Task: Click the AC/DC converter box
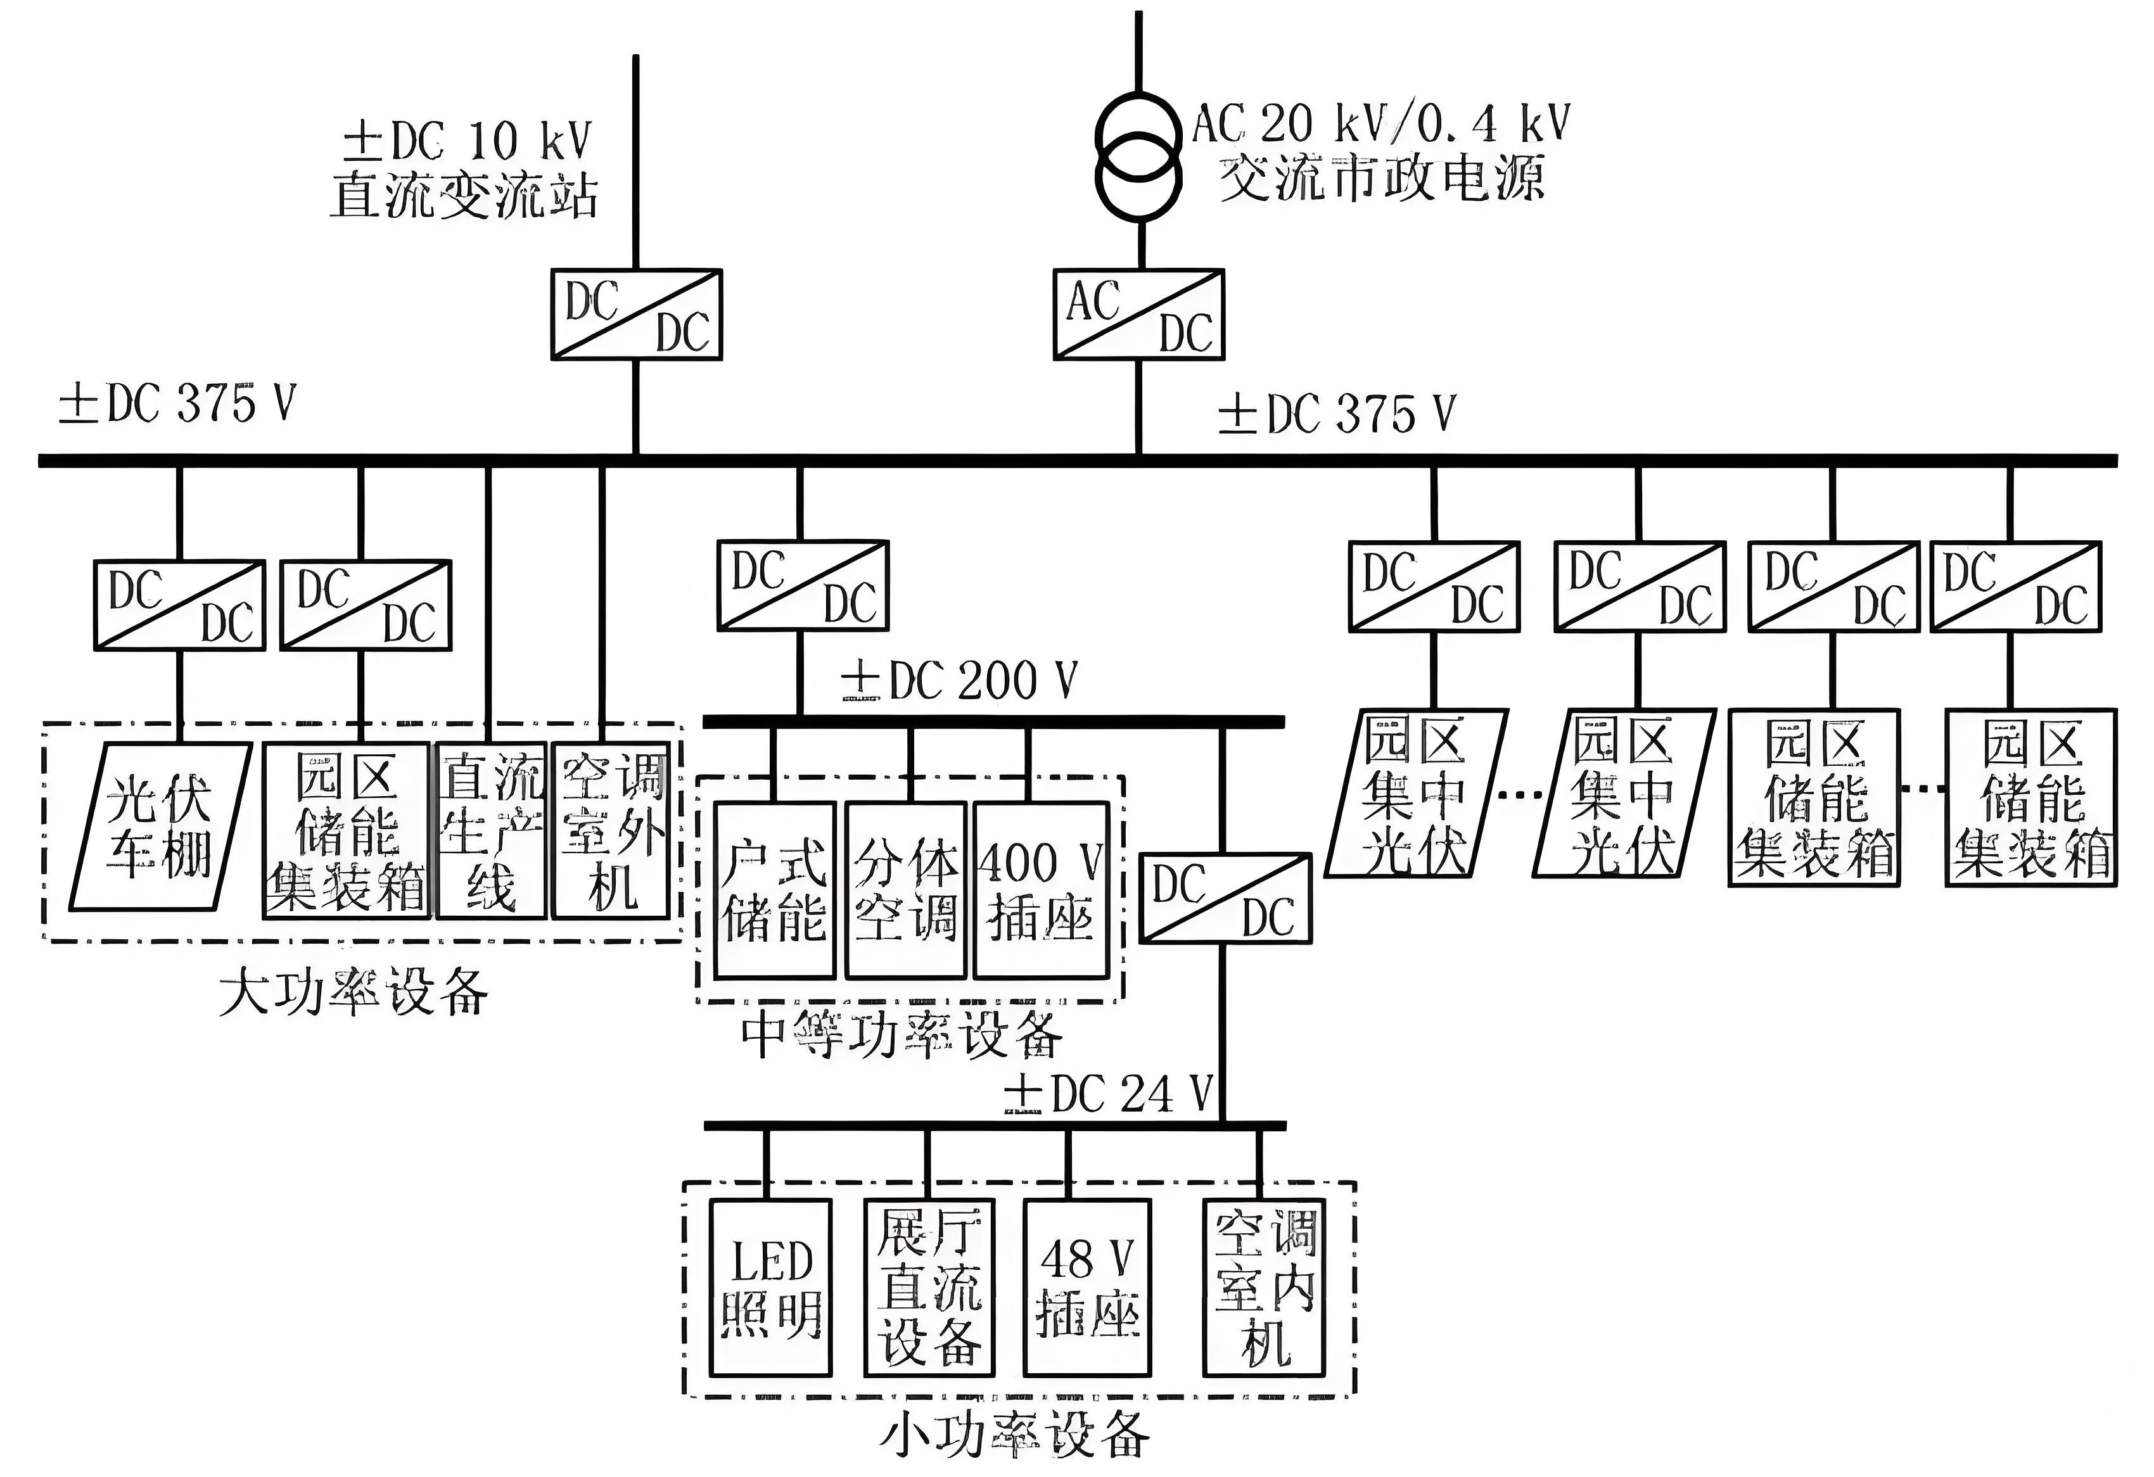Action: pyautogui.click(x=1138, y=314)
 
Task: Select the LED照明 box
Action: pyautogui.click(x=770, y=1288)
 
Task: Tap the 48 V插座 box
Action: pyautogui.click(x=1087, y=1288)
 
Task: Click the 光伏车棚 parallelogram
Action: pyautogui.click(x=160, y=827)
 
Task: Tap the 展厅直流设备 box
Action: pyautogui.click(x=929, y=1288)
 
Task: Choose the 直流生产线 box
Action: pyautogui.click(x=490, y=831)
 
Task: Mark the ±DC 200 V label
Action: pyautogui.click(x=959, y=681)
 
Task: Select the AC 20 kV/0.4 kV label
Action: pyautogui.click(x=1381, y=124)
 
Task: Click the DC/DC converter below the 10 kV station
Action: pyautogui.click(x=637, y=314)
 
